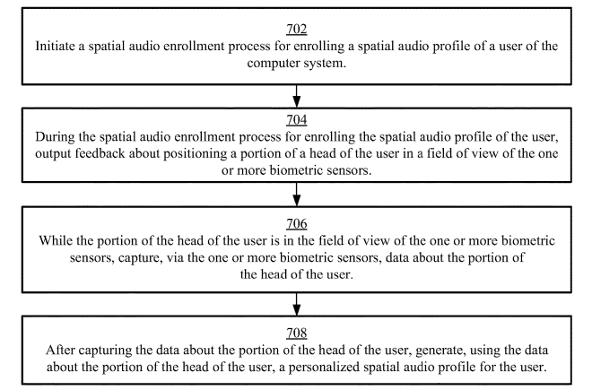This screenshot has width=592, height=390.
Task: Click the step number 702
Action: (x=295, y=28)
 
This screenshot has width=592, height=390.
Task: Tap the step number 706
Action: (x=295, y=222)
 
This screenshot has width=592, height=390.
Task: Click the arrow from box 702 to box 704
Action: (x=295, y=92)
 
